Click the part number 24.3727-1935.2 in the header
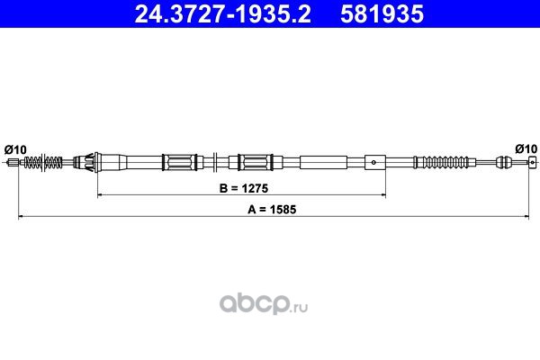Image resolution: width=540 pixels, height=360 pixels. tap(223, 13)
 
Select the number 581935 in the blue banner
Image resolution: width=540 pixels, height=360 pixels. tap(382, 13)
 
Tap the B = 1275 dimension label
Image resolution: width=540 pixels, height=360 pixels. tap(244, 188)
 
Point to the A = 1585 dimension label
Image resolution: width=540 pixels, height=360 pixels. tap(272, 210)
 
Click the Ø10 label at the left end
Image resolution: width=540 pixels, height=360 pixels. tap(15, 150)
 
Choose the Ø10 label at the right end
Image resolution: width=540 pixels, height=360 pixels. tap(526, 148)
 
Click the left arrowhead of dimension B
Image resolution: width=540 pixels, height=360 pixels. tap(100, 195)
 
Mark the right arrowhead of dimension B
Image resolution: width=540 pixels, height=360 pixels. tap(383, 195)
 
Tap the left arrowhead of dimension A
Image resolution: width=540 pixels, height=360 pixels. tap(21, 217)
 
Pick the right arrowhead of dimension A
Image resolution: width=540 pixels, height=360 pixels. tap(526, 217)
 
